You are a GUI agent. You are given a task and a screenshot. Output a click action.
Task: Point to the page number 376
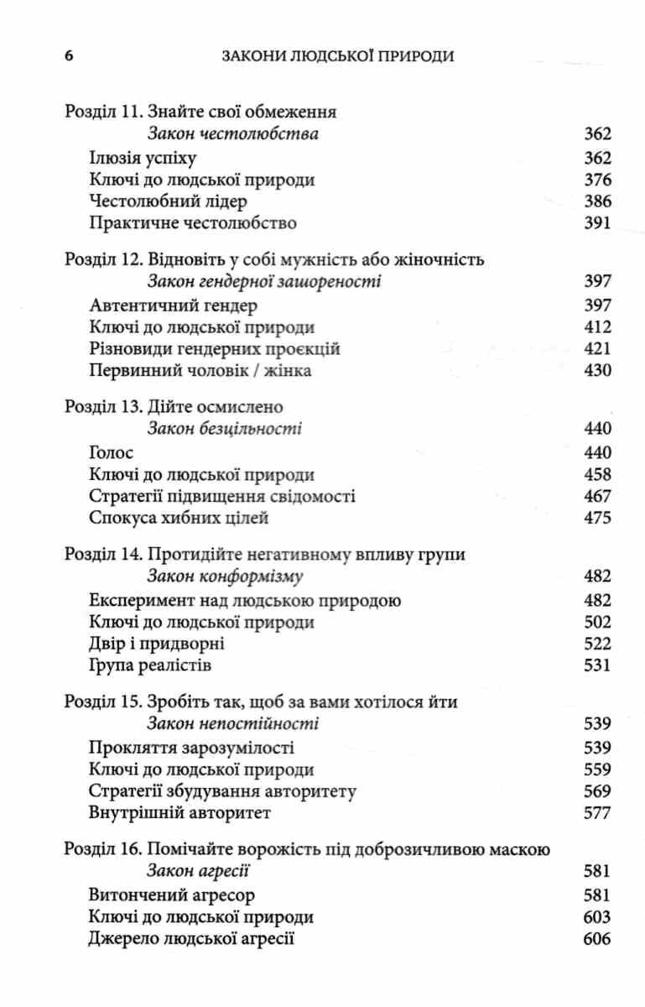click(x=596, y=180)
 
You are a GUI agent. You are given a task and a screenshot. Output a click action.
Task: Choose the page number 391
click(x=596, y=223)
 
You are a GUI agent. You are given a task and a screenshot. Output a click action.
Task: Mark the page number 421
click(x=596, y=348)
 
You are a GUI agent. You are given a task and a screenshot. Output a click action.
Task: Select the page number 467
click(x=596, y=496)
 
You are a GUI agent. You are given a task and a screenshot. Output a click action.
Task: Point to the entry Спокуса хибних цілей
click(x=178, y=518)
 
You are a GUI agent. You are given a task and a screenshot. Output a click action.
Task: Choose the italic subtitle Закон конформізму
click(x=225, y=577)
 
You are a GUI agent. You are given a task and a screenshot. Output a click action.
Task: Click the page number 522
click(x=596, y=644)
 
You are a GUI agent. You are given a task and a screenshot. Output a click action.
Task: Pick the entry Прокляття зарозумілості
click(x=190, y=747)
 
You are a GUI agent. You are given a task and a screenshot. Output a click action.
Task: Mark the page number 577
click(x=596, y=812)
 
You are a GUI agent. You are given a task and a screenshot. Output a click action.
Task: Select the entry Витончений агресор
click(x=171, y=895)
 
